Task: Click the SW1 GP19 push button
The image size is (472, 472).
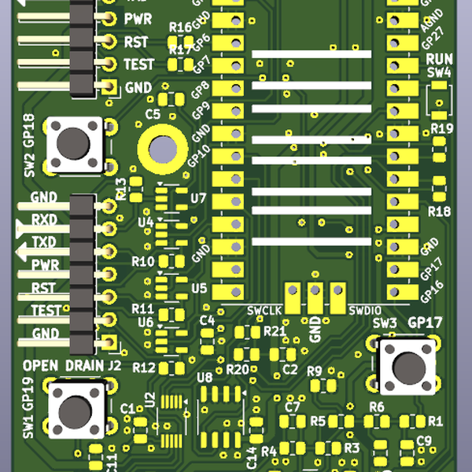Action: [x=76, y=411]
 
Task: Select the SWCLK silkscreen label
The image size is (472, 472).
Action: [x=264, y=309]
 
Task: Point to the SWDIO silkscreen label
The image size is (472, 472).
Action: [x=365, y=309]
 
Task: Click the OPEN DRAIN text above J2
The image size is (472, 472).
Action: [x=63, y=366]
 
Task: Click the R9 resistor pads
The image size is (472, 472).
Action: [x=323, y=385]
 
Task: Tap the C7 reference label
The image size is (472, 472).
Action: [x=293, y=407]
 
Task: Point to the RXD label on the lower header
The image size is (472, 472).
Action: [x=44, y=219]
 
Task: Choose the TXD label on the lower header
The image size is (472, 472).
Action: [x=44, y=242]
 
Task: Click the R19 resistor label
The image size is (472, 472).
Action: [x=441, y=128]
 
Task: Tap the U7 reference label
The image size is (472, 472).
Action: [x=197, y=198]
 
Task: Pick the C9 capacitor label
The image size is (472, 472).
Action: [x=424, y=441]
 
